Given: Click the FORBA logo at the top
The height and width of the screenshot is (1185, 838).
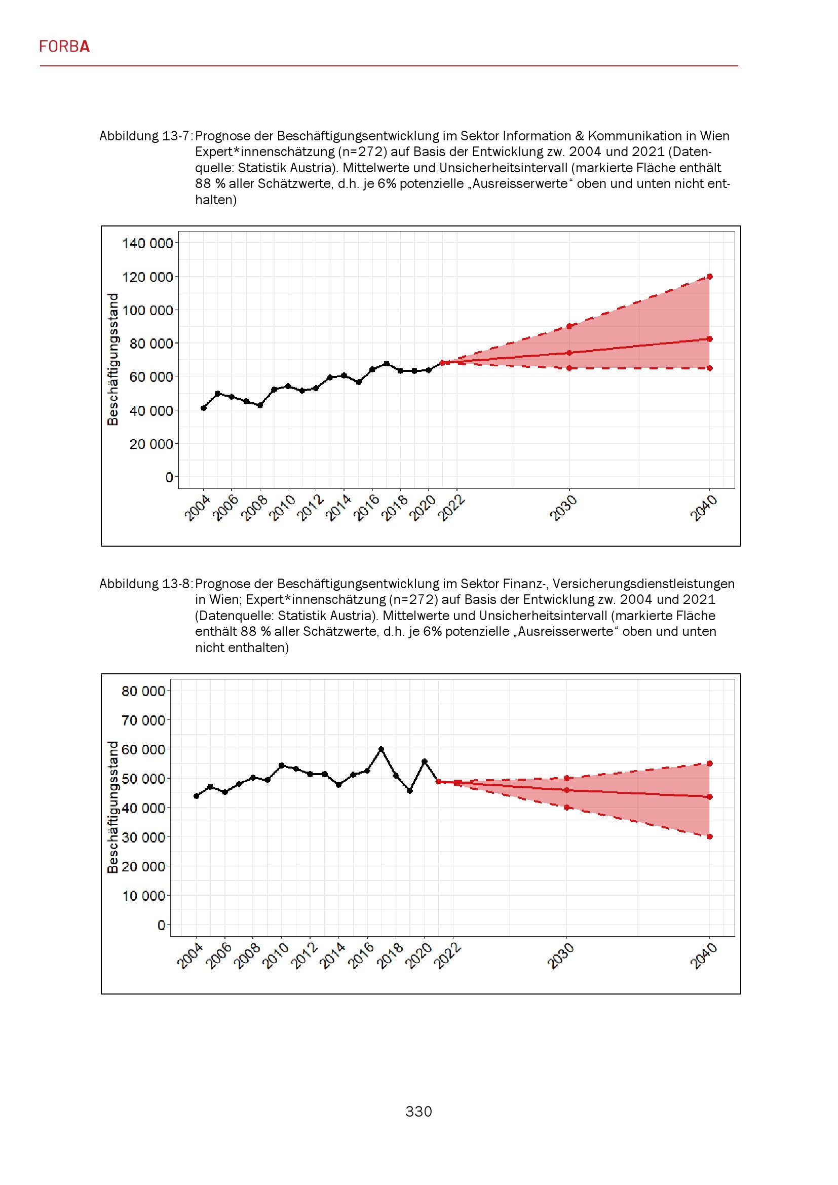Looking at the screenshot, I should tap(64, 47).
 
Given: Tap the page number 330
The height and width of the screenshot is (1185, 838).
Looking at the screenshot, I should tap(418, 1111).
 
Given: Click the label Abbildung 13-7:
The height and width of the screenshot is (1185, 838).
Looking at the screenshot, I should tap(145, 136).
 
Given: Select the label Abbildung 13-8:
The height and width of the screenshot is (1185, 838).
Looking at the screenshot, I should tap(145, 584).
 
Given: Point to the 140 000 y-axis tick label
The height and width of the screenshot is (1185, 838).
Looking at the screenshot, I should tap(147, 243).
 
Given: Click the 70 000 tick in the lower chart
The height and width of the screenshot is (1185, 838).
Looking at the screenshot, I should tap(143, 720).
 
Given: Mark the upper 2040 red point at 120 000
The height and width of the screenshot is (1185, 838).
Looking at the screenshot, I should tap(709, 277).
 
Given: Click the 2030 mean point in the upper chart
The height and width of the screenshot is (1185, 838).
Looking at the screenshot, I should tap(569, 353).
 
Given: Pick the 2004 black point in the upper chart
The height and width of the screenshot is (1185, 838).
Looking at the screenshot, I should tap(204, 408).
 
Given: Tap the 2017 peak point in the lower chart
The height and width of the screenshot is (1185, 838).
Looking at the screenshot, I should tap(382, 748).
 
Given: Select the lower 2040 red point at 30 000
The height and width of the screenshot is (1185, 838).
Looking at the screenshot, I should tap(709, 836).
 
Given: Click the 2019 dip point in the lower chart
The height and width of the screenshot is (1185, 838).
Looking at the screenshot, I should tap(410, 791).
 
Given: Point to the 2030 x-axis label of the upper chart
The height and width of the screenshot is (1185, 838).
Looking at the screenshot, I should tap(563, 508).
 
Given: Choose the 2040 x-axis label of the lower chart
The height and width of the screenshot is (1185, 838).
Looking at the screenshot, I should tap(703, 956).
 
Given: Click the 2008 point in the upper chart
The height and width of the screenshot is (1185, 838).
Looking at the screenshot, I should tap(260, 406).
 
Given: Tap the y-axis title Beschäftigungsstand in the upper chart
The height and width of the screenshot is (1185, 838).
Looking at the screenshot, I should tap(112, 359).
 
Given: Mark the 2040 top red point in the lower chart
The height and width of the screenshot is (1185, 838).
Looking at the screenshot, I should tap(709, 763).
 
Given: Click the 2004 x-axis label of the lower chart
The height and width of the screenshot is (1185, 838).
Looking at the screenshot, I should tap(190, 956).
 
